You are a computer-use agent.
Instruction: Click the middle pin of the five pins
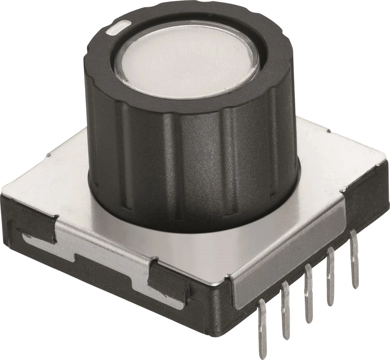(308, 293)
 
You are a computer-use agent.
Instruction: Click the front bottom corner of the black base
(218, 332)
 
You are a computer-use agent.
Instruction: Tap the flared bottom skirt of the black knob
(195, 218)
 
